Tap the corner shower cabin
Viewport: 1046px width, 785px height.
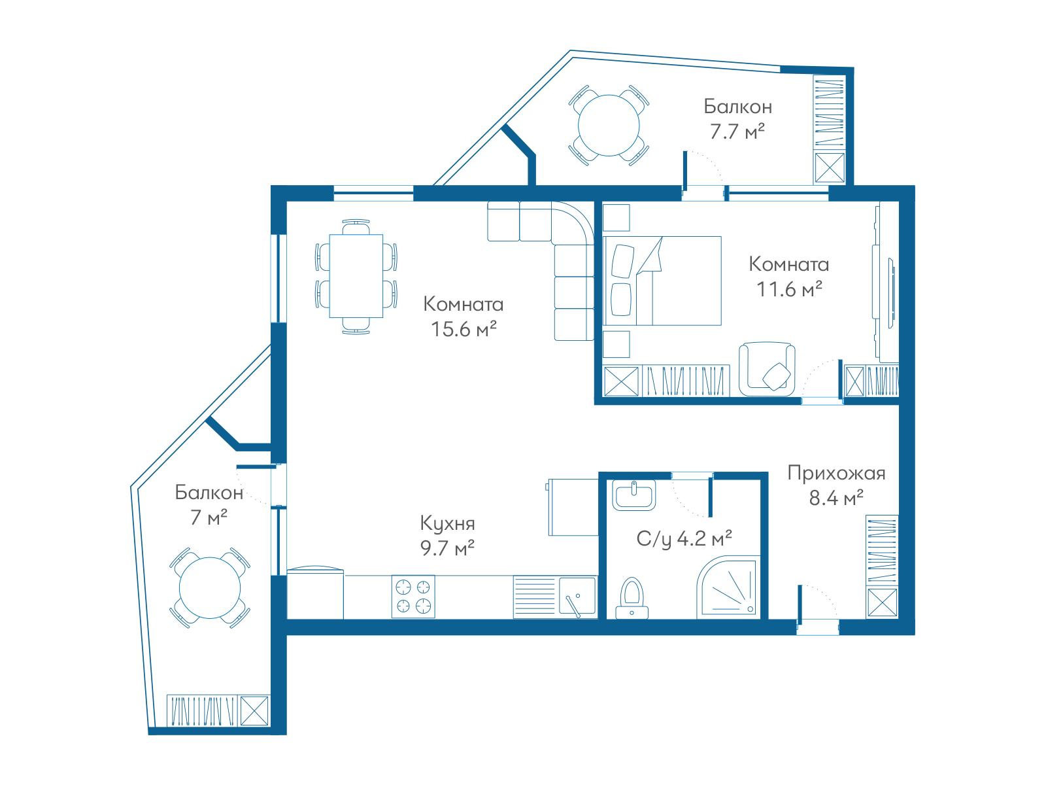click(728, 587)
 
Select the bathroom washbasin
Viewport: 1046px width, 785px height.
click(633, 496)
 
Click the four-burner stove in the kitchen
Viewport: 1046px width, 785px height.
click(413, 597)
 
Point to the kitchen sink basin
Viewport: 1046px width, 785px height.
click(577, 596)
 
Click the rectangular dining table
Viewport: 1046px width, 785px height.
click(356, 276)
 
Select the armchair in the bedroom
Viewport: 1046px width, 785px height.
click(767, 369)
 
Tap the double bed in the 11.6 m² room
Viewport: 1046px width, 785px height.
click(662, 281)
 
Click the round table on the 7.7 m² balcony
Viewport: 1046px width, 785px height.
click(609, 126)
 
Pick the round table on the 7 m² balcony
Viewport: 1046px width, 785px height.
click(210, 587)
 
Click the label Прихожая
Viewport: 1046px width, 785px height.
click(836, 473)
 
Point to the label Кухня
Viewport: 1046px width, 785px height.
click(447, 523)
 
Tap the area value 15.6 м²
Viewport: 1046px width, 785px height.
click(464, 329)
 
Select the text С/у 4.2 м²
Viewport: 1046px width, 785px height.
click(684, 538)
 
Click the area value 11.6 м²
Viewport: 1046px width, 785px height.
click(789, 289)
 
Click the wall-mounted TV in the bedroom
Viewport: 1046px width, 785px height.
click(891, 293)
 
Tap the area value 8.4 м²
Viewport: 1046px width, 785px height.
click(836, 498)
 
